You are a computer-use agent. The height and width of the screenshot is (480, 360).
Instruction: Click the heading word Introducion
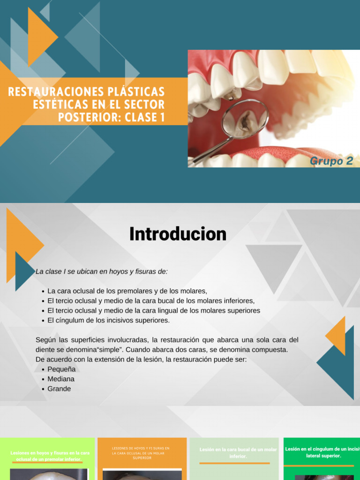point(178,234)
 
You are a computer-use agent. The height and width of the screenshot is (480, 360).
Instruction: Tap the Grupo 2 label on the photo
point(331,161)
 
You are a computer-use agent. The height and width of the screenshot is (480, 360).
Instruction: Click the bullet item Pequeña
point(61,369)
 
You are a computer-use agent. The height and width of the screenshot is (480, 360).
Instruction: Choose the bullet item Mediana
point(61,379)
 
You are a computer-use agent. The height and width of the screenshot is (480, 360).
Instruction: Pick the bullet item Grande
point(59,389)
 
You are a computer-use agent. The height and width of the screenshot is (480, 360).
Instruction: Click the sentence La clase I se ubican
point(102,271)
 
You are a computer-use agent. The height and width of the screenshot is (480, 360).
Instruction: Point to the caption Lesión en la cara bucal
point(238,453)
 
